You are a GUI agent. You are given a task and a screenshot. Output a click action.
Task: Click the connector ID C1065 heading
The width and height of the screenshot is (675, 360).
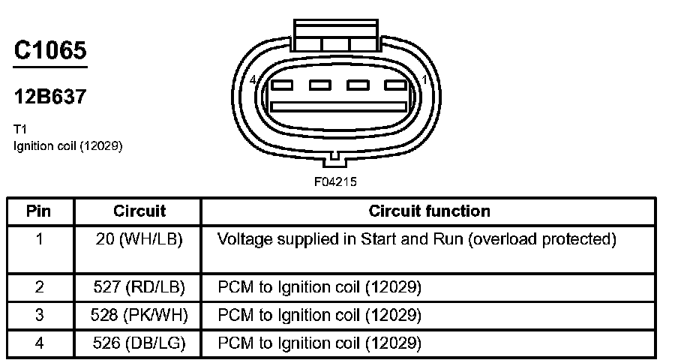coord(50,50)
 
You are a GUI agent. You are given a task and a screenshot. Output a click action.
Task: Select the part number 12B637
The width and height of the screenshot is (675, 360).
coord(50,97)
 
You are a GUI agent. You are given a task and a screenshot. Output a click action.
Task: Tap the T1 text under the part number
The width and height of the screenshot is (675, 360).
coord(20,129)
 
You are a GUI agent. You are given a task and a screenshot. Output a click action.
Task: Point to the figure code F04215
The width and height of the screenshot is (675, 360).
coord(335,181)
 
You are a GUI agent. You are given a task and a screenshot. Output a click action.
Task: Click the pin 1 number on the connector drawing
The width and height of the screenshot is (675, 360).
coord(425,79)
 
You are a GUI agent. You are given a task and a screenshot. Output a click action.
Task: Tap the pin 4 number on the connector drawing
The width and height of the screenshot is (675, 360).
coord(253,79)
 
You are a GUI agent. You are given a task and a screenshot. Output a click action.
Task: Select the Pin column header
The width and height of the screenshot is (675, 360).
coord(38,211)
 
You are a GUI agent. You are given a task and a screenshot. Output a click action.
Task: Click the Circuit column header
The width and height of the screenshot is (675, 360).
coord(139,211)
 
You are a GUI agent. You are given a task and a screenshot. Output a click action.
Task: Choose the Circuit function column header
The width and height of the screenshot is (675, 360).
coord(429,211)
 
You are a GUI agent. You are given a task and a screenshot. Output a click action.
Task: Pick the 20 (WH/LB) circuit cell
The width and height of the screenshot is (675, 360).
coord(139,239)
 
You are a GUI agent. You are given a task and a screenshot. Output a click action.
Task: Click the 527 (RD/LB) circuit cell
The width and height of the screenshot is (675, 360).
coord(139,287)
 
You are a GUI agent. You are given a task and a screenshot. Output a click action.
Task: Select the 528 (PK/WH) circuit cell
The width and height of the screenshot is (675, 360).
coord(139,316)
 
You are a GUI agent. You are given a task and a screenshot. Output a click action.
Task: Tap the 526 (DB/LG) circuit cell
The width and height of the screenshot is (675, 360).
coord(139,343)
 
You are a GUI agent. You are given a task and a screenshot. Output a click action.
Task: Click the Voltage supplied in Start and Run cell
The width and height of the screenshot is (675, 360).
coord(416,239)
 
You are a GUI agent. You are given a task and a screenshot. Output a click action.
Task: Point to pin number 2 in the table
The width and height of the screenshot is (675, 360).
coord(39,287)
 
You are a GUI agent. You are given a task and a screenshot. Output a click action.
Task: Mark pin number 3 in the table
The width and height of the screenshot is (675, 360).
coord(39,316)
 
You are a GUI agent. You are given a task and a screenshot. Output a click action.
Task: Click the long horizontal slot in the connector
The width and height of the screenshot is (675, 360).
coord(338,106)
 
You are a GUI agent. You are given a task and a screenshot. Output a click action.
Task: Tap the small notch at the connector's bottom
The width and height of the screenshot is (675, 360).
coord(336,157)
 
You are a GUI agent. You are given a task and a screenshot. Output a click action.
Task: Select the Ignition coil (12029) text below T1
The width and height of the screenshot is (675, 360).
coord(67,145)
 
